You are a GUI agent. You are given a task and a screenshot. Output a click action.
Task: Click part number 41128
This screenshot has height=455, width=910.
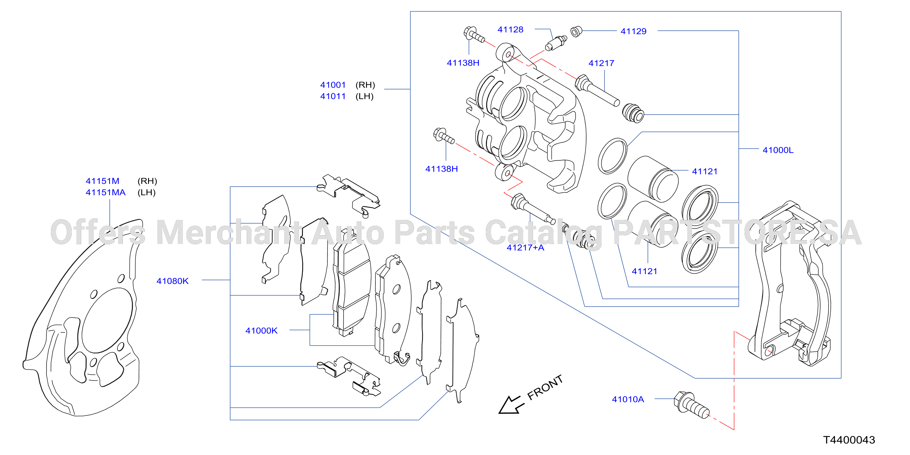pyautogui.click(x=510, y=29)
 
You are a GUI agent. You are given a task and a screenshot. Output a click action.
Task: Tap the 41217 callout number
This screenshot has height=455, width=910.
pyautogui.click(x=601, y=63)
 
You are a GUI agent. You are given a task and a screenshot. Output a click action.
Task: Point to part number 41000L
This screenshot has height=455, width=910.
pyautogui.click(x=778, y=150)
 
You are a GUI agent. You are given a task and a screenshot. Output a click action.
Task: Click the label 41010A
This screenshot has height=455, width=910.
pyautogui.click(x=628, y=399)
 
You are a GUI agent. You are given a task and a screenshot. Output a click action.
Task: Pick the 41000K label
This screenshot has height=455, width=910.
pyautogui.click(x=261, y=331)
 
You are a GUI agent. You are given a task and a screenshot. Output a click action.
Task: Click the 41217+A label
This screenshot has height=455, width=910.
pyautogui.click(x=525, y=248)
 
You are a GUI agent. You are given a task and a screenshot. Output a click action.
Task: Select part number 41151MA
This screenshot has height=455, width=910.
pyautogui.click(x=106, y=192)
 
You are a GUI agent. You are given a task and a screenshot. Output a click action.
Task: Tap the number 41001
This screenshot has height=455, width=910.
pyautogui.click(x=333, y=85)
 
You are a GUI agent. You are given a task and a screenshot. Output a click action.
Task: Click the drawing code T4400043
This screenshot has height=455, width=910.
pyautogui.click(x=849, y=440)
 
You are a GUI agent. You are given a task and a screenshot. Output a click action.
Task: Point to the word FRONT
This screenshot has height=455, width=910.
pyautogui.click(x=545, y=388)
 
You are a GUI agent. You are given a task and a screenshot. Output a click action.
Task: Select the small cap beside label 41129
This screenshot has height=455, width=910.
pyautogui.click(x=576, y=32)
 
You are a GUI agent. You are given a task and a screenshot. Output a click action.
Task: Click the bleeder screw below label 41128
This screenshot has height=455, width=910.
pyautogui.click(x=556, y=43)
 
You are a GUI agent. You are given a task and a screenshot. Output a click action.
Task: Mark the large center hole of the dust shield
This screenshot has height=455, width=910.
pyautogui.click(x=107, y=320)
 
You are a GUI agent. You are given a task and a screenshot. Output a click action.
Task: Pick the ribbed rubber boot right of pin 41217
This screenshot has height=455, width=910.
pyautogui.click(x=633, y=113)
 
